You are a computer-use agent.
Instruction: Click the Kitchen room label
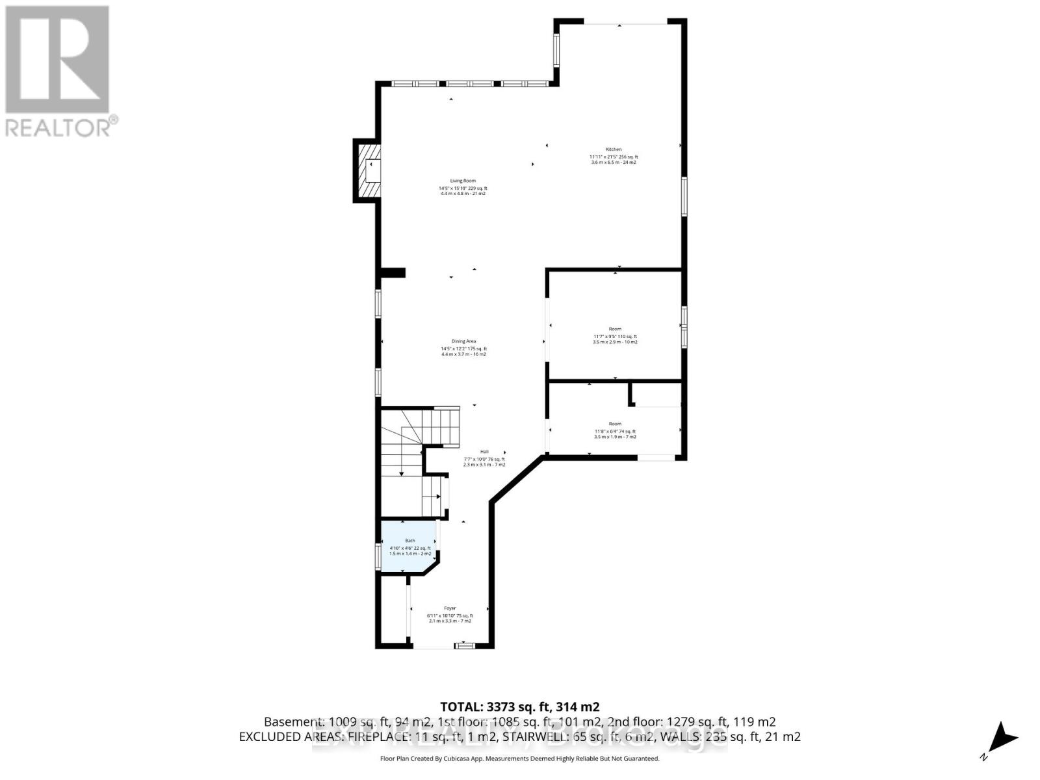click(x=614, y=149)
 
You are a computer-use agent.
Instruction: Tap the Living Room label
click(x=463, y=181)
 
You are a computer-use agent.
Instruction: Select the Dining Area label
click(x=463, y=341)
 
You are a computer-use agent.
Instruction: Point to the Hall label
click(x=484, y=452)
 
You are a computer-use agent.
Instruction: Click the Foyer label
click(x=450, y=608)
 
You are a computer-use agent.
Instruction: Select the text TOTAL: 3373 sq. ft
click(x=519, y=707)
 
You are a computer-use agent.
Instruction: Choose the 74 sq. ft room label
click(x=614, y=431)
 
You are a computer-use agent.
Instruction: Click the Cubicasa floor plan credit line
click(x=519, y=759)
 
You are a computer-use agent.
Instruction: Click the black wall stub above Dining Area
click(x=393, y=272)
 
